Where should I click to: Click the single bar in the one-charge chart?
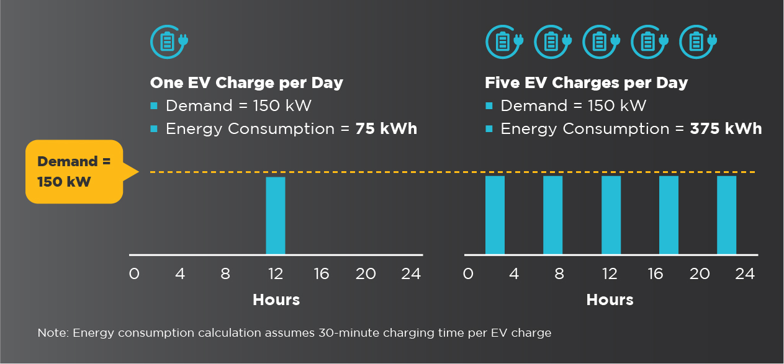click(276, 215)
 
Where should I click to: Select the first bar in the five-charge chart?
click(495, 215)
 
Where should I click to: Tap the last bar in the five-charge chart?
click(726, 215)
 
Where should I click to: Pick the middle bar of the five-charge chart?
click(611, 215)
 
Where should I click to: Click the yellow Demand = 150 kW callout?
click(74, 171)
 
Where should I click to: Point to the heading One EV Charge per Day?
click(246, 83)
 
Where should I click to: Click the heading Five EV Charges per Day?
click(586, 83)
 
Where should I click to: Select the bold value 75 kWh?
click(386, 129)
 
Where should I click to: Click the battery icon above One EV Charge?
click(168, 42)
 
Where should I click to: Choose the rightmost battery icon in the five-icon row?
click(698, 42)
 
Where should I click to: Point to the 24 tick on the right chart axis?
click(744, 273)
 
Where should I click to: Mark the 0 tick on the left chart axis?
click(134, 273)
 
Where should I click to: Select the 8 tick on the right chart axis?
click(559, 273)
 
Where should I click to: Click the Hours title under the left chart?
click(276, 300)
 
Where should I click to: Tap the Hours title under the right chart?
click(610, 300)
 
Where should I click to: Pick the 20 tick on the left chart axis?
click(366, 273)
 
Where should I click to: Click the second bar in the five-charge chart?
click(552, 215)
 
